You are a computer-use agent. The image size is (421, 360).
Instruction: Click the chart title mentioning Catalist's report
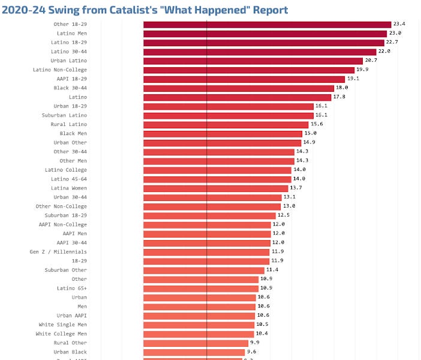click(145, 10)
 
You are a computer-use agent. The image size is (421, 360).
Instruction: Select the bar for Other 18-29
click(267, 25)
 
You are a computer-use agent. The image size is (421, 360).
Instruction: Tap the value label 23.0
click(395, 34)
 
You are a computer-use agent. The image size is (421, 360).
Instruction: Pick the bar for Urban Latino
click(253, 61)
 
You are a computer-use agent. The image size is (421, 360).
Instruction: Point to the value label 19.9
click(362, 70)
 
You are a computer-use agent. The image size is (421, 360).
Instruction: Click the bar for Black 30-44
click(239, 88)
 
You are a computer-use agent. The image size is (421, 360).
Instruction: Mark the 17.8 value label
click(339, 97)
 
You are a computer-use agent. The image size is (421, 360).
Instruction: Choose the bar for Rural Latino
click(225, 124)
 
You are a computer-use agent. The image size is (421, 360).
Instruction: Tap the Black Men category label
click(73, 133)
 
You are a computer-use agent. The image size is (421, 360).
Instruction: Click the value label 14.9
click(309, 143)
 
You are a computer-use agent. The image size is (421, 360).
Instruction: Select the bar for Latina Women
click(216, 188)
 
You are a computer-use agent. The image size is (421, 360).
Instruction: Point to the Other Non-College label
click(61, 206)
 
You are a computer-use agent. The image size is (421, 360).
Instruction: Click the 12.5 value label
click(284, 215)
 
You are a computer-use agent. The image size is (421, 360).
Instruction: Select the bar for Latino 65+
click(201, 289)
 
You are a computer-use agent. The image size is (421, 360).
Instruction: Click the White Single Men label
click(62, 325)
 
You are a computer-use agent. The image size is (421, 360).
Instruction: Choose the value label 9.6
click(252, 352)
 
